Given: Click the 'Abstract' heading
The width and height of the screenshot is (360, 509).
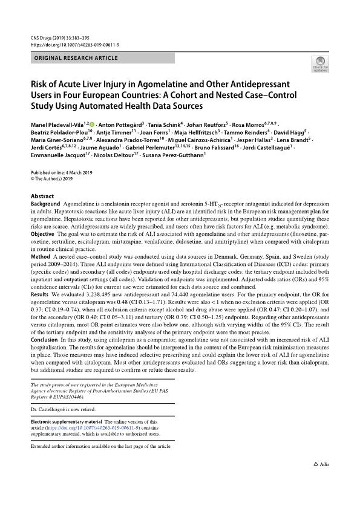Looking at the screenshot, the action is pyautogui.click(x=42, y=196).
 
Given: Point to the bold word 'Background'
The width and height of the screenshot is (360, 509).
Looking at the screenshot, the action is pyautogui.click(x=45, y=205).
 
